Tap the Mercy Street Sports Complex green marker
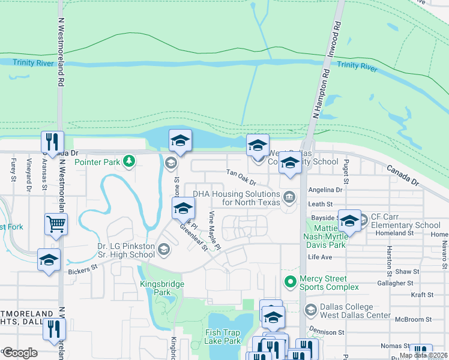pos(291,281)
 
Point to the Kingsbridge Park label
pos(155,288)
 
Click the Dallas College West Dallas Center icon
pos(310,310)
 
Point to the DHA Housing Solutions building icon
pos(289,197)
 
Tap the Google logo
pos(20,352)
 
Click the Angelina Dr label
pos(325,190)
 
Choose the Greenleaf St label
pos(193,239)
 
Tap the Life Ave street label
pos(320,257)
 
